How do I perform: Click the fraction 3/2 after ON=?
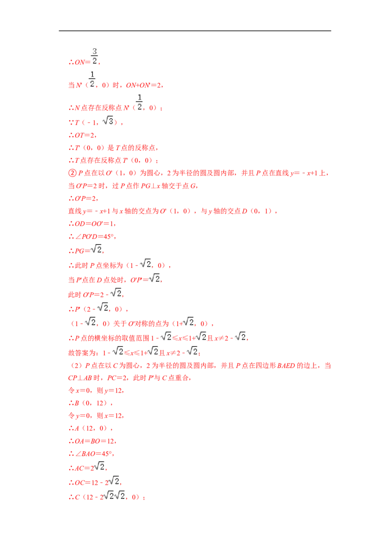point(95,56)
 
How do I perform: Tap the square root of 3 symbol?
point(108,121)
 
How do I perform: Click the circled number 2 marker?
point(72,173)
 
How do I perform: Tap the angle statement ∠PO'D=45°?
point(95,237)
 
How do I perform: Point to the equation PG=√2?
point(88,250)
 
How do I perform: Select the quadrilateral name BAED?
point(286,365)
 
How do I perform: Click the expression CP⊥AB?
point(80,378)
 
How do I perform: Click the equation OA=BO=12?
point(95,441)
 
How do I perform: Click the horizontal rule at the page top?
point(195,31)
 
